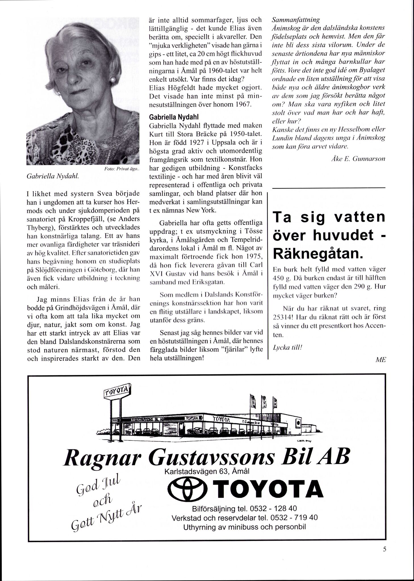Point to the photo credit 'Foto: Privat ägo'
(x=121, y=169)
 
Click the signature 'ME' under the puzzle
(x=380, y=360)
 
